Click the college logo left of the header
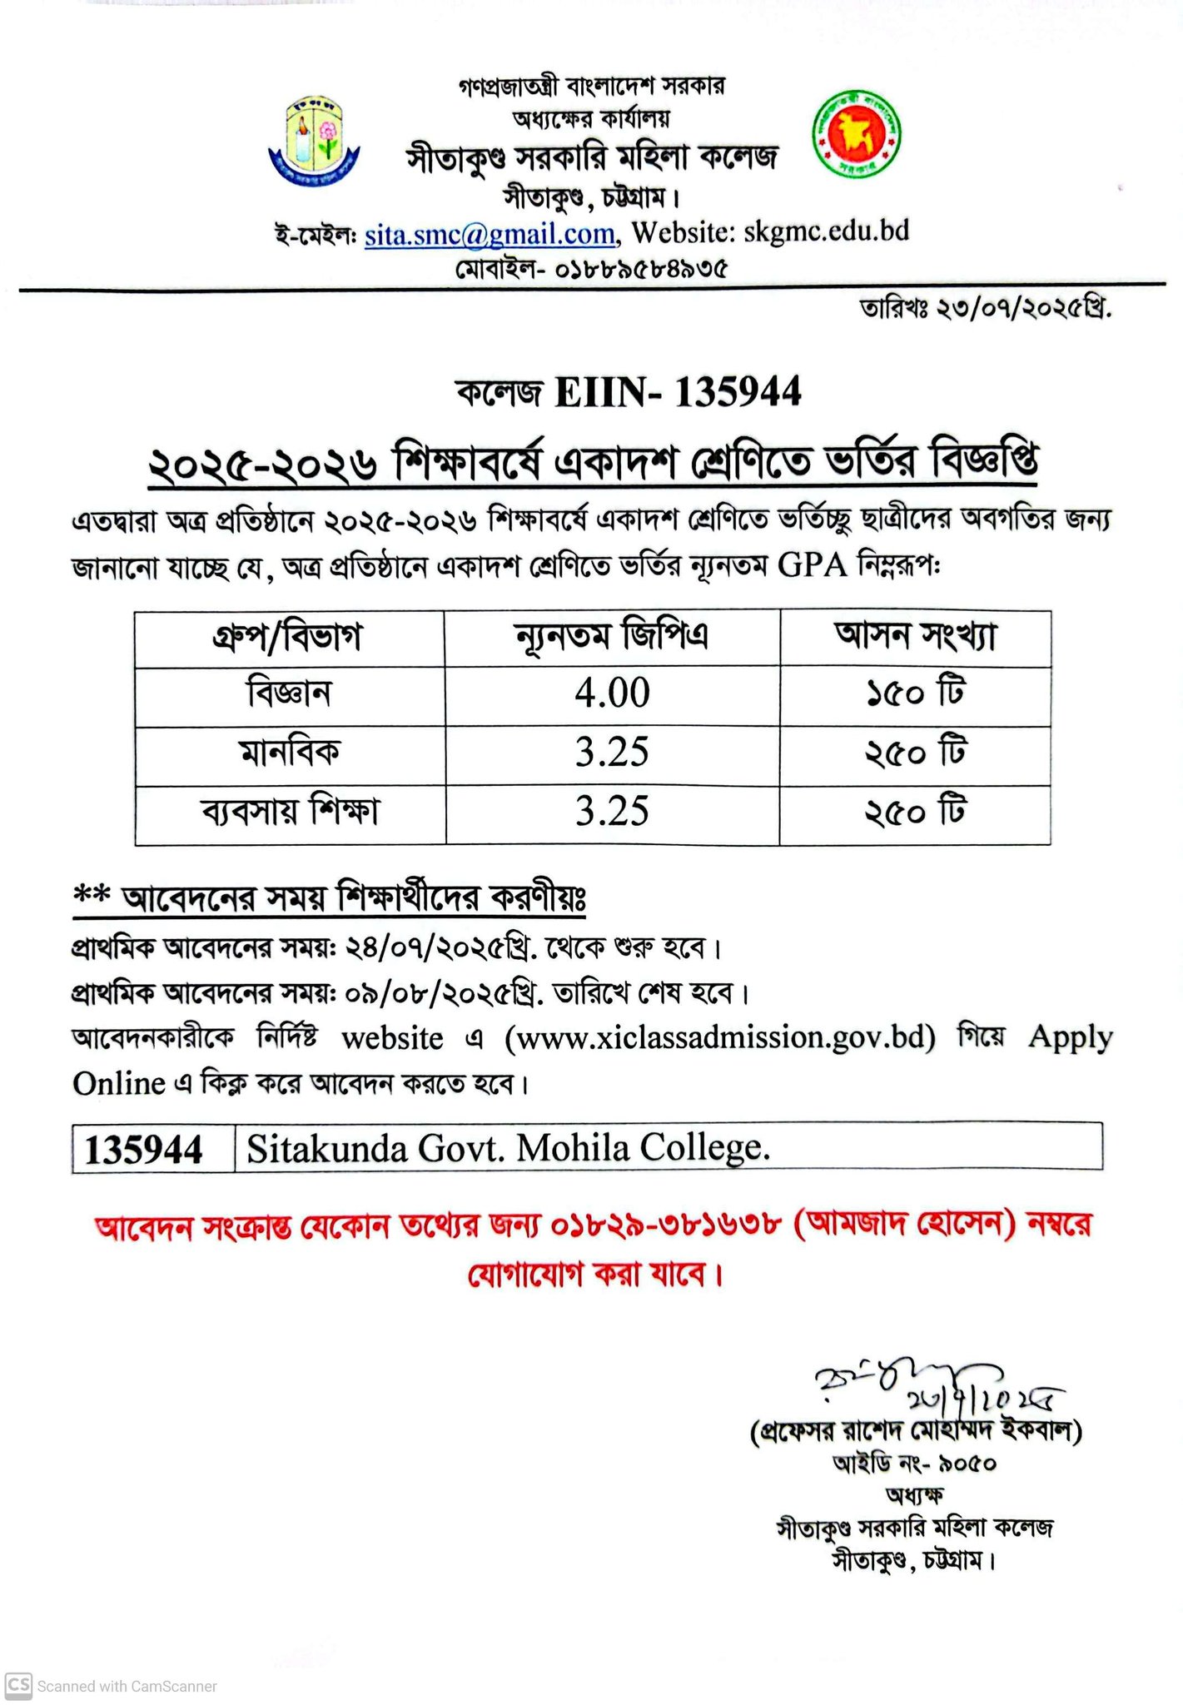(x=313, y=141)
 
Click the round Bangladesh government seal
(x=856, y=133)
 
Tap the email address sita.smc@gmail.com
(x=490, y=235)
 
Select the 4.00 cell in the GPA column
(x=612, y=693)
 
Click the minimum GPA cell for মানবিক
(x=612, y=753)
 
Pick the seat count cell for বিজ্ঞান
(x=914, y=693)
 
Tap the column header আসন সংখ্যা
(x=914, y=636)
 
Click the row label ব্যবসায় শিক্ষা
(x=290, y=812)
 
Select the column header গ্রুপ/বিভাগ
(x=288, y=638)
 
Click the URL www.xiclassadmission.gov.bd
(x=719, y=1037)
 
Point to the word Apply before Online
(x=1070, y=1037)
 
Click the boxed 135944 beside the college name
(x=144, y=1151)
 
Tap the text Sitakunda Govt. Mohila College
(x=508, y=1149)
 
